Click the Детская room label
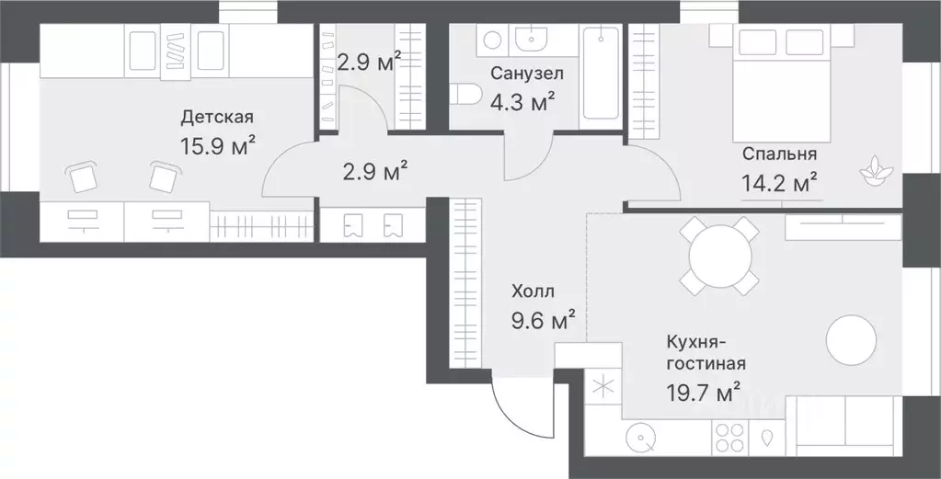217,118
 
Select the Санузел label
527,74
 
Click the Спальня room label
779,154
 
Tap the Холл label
533,292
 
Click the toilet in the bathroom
465,94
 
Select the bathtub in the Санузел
601,74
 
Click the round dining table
720,257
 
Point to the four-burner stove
729,438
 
